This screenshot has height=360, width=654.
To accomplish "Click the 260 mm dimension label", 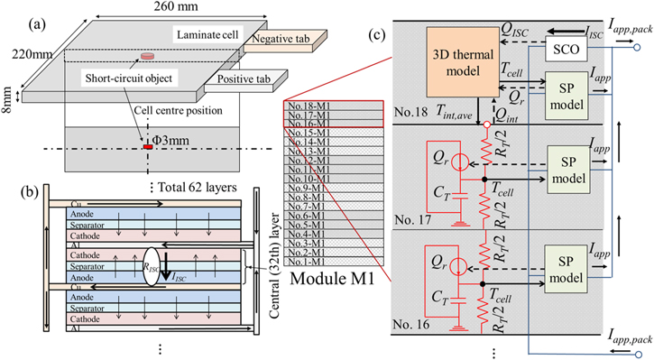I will (187, 10).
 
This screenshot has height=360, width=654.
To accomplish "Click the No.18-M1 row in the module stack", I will (309, 106).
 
